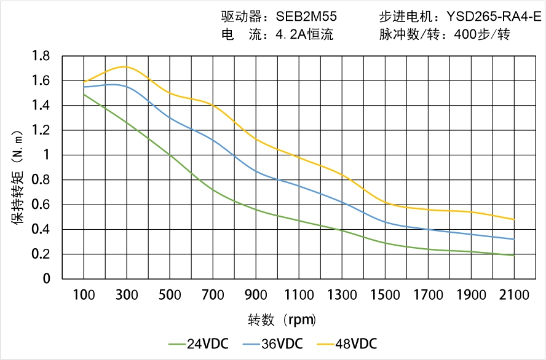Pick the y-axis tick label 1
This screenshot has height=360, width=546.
coord(46,155)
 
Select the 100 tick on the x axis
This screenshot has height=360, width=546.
coord(84,295)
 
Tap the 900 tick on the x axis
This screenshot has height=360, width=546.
coord(256,295)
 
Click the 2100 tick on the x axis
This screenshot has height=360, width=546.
coord(514,295)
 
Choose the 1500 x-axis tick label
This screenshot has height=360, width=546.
coord(385,295)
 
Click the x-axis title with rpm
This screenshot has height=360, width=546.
coord(282,320)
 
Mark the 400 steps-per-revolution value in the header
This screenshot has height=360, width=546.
coord(465,34)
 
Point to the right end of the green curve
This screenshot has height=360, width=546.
coord(514,255)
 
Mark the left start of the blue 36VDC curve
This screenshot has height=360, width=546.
coord(84,87)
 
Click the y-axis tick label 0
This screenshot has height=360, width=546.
coord(46,279)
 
